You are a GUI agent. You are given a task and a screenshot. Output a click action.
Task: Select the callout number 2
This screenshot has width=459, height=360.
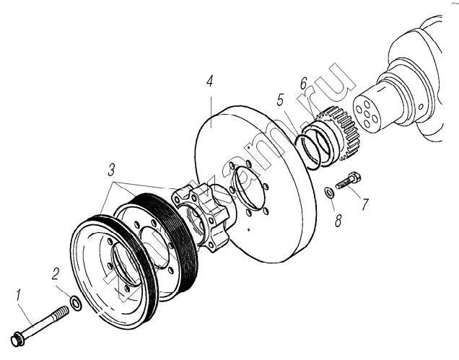coord(55,274)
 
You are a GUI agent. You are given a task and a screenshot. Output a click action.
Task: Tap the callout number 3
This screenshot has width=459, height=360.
coord(110,172)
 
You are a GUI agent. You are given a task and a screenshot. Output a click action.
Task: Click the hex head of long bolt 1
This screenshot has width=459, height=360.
coord(16,337)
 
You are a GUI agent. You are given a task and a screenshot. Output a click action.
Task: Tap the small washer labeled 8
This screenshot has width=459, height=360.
coord(328,191)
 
